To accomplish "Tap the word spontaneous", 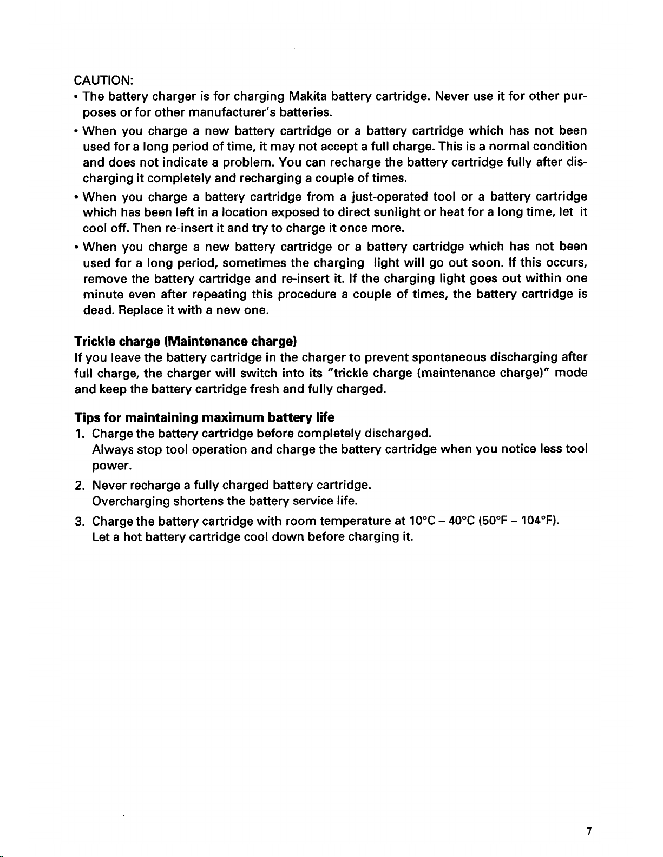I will pos(449,357).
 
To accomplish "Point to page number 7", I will pos(588,833).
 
